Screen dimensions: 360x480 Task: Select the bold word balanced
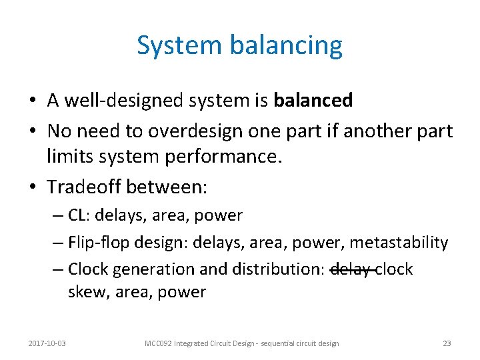click(x=313, y=101)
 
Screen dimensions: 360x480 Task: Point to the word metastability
click(x=399, y=243)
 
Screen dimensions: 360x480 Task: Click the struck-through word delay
click(x=351, y=269)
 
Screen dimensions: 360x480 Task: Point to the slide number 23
click(x=447, y=343)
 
